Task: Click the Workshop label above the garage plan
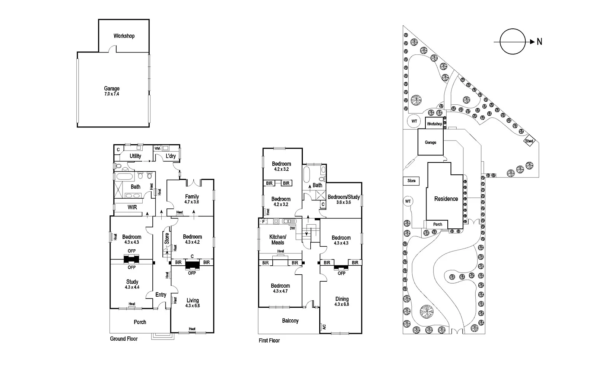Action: click(x=124, y=36)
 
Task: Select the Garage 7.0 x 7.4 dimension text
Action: click(x=112, y=94)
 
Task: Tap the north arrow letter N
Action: click(x=539, y=42)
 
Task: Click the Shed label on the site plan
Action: click(x=529, y=141)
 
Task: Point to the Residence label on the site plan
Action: click(x=446, y=199)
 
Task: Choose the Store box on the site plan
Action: click(x=411, y=181)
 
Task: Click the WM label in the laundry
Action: click(x=157, y=148)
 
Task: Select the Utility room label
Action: click(x=135, y=156)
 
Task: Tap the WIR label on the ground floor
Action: click(x=132, y=207)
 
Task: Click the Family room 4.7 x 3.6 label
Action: click(x=192, y=199)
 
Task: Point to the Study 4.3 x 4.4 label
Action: click(x=132, y=284)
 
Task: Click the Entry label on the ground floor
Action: click(x=161, y=295)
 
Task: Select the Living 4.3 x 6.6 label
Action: click(x=193, y=303)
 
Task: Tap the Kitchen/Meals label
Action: click(x=278, y=240)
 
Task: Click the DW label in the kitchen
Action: click(x=292, y=228)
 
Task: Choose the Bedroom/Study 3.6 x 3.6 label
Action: click(x=343, y=199)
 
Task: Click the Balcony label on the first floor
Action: click(x=290, y=321)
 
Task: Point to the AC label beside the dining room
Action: click(x=324, y=326)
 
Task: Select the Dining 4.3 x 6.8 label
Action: click(x=342, y=301)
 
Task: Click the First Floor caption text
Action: click(x=269, y=341)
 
